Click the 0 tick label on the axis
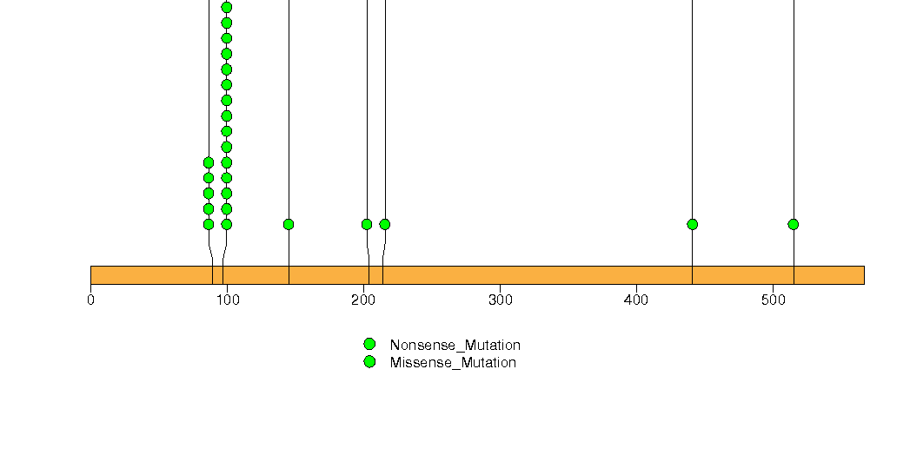click(x=90, y=300)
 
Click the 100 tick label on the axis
click(x=228, y=300)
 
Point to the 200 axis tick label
click(x=364, y=300)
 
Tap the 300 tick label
click(x=501, y=300)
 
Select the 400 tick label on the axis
click(x=636, y=300)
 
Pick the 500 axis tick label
click(x=773, y=300)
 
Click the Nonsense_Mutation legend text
click(x=455, y=345)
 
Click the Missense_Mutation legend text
click(x=453, y=362)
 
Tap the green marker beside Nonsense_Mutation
click(x=369, y=345)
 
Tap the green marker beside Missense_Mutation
click(x=369, y=362)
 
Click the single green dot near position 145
click(x=289, y=224)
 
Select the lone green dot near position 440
click(x=693, y=224)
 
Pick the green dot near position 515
click(x=794, y=224)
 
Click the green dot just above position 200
click(x=367, y=224)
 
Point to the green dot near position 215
click(x=385, y=224)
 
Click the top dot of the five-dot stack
click(x=209, y=162)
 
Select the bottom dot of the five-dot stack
click(x=209, y=224)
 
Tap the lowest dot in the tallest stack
click(x=227, y=224)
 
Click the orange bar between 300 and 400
click(x=568, y=275)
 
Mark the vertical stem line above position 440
click(x=693, y=142)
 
